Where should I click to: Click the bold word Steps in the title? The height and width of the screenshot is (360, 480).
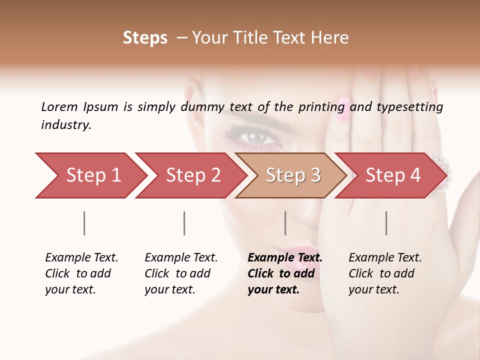coord(145,38)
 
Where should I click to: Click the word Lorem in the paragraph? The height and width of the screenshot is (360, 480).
coord(59,106)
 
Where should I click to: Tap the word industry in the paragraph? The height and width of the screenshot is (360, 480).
coord(65,124)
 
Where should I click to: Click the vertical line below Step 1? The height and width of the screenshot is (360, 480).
coord(84,223)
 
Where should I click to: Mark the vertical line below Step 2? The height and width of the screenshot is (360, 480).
coord(184,223)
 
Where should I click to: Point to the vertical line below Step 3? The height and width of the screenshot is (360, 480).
coord(285,223)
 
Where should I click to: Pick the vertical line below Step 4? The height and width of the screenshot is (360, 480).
coord(386,223)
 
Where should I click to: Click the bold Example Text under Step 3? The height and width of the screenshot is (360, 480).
coord(285,257)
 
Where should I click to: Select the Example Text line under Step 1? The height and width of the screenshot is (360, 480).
coord(81,257)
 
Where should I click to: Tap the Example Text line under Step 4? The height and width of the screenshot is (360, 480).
coord(385,257)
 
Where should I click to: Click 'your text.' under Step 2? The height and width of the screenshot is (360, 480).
coord(169,289)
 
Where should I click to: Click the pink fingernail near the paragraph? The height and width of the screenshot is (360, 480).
coord(344,109)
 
